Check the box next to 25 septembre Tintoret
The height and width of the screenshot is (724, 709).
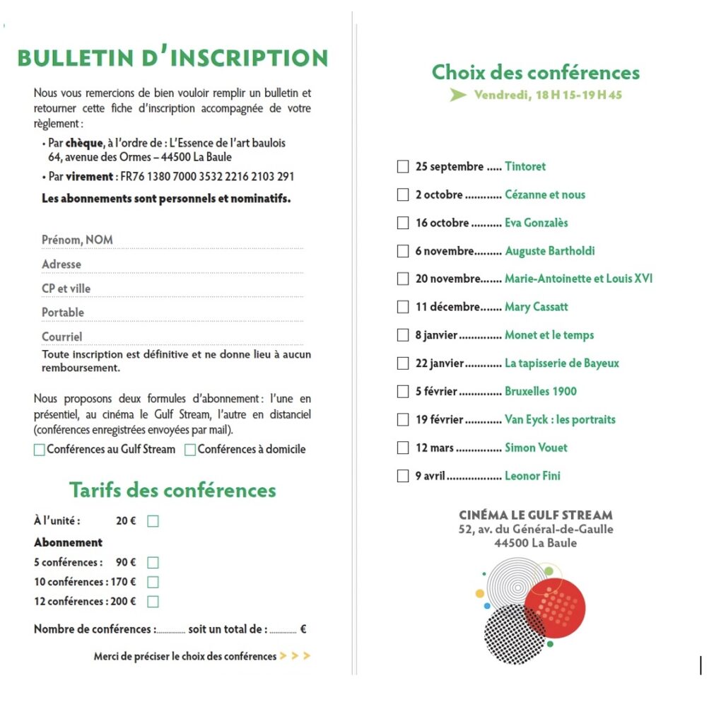(x=403, y=167)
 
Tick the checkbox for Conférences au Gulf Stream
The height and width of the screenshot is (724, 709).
(x=39, y=450)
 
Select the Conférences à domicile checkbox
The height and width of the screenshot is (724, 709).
(x=190, y=450)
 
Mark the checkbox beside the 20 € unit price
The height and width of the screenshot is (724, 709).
(x=153, y=522)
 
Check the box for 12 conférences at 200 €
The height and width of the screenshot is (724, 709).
(x=153, y=602)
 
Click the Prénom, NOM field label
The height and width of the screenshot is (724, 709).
(x=77, y=240)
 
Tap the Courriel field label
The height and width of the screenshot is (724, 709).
(x=61, y=337)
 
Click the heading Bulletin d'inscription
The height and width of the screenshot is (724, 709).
(x=172, y=59)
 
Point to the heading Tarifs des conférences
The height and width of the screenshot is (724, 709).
(x=172, y=490)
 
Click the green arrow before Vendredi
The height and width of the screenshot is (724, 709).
(x=458, y=95)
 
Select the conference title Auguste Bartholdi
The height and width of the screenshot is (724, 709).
(x=550, y=251)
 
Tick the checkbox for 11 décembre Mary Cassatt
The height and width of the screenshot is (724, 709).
(x=403, y=308)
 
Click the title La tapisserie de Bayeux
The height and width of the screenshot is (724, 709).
(x=562, y=363)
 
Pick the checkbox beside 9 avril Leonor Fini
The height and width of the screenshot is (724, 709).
(x=403, y=476)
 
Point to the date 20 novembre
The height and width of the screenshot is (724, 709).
(x=447, y=279)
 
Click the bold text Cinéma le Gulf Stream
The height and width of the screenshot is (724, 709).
(x=536, y=515)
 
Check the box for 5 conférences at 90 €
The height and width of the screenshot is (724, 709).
(x=153, y=563)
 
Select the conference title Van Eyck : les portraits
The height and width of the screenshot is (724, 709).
(x=560, y=420)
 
